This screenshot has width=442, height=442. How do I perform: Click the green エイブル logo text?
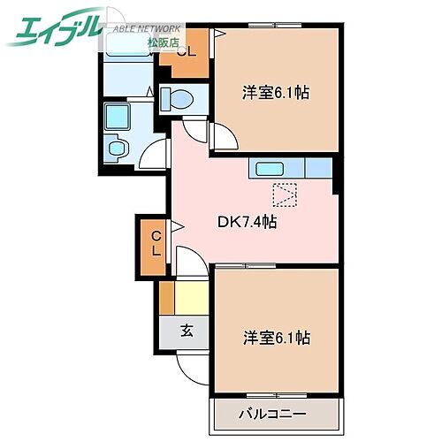click(53, 30)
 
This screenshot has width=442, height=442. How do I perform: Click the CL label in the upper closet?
click(185, 50)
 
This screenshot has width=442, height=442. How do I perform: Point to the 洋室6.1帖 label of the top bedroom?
click(275, 92)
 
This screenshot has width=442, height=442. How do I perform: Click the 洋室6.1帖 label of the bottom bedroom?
click(275, 337)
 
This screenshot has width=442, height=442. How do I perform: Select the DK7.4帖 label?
click(248, 222)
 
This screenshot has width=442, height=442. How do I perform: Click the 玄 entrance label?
click(187, 331)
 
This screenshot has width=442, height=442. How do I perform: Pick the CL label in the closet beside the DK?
click(155, 242)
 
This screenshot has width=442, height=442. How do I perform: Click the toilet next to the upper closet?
click(179, 100)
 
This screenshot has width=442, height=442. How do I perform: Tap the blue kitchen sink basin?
click(270, 168)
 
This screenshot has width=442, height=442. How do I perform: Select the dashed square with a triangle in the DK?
click(286, 194)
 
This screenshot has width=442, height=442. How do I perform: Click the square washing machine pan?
click(118, 116)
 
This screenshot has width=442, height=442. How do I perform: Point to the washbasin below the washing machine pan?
click(116, 148)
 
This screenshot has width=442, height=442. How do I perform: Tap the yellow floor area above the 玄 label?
click(191, 298)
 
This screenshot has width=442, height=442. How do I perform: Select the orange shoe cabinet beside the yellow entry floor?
click(166, 298)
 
